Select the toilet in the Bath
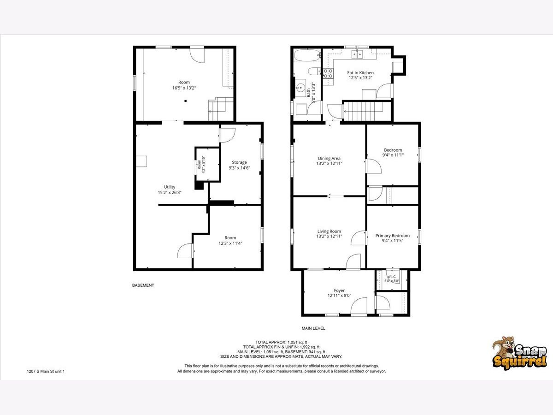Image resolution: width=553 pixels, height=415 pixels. pyautogui.click(x=314, y=71)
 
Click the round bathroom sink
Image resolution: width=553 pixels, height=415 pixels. pyautogui.click(x=300, y=88)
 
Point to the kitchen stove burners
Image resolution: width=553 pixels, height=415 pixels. pyautogui.click(x=328, y=73)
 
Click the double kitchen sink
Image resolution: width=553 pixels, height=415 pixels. pyautogui.click(x=357, y=54)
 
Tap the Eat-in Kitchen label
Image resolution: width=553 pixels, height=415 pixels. pyautogui.click(x=360, y=73)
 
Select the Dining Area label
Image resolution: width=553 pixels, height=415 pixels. pyautogui.click(x=329, y=159)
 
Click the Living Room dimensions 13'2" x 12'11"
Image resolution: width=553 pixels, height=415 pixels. pyautogui.click(x=329, y=237)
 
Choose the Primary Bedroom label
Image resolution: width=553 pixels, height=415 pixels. pyautogui.click(x=393, y=236)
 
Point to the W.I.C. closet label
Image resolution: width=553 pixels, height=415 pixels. pyautogui.click(x=392, y=276)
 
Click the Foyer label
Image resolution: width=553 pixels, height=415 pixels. pyautogui.click(x=339, y=290)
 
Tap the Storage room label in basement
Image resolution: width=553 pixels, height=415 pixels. pyautogui.click(x=239, y=162)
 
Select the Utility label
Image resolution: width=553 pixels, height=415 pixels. pyautogui.click(x=170, y=187)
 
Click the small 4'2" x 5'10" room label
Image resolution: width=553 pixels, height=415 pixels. pyautogui.click(x=201, y=165)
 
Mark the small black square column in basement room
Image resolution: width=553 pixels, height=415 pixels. pyautogui.click(x=185, y=101)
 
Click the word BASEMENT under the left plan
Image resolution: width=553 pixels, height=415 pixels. pyautogui.click(x=143, y=285)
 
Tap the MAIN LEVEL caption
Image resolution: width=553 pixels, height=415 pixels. pyautogui.click(x=313, y=328)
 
